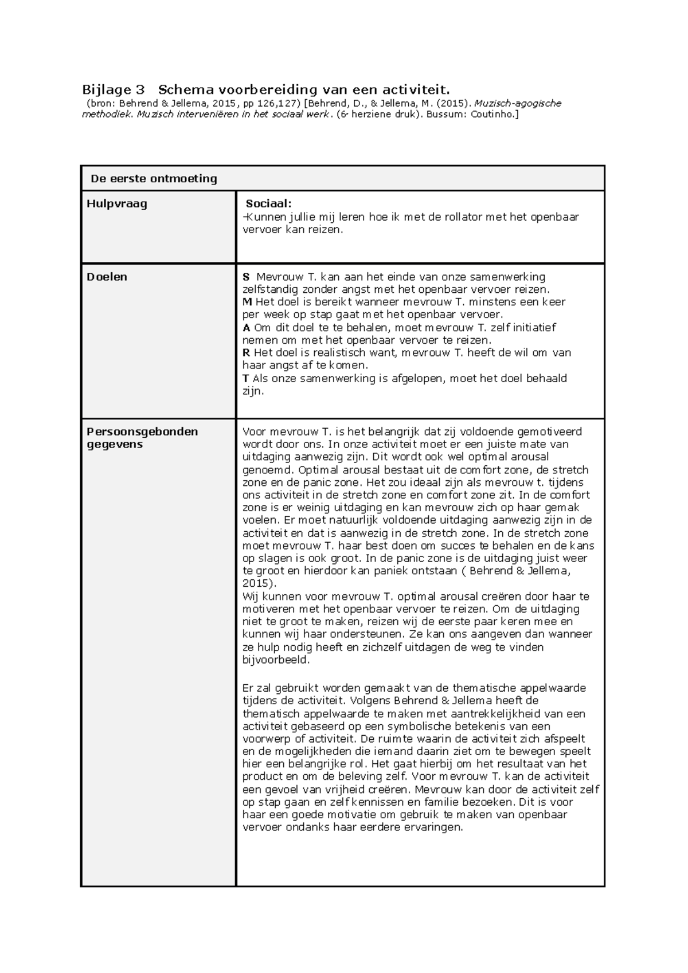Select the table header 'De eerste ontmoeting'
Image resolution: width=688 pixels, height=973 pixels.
coord(154,179)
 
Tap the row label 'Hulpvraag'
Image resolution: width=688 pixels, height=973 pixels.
coord(116,203)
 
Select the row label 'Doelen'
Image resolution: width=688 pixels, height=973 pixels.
coord(107,277)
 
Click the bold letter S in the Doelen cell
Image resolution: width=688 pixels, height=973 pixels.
coord(246,277)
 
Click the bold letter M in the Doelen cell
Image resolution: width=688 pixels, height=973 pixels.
coord(247,302)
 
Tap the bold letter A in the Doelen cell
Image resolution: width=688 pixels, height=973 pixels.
coord(247,328)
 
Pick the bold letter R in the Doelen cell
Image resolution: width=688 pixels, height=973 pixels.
coord(247,353)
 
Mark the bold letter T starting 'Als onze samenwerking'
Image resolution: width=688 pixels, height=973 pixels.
coord(246,378)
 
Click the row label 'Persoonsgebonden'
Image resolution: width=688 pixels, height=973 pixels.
coord(142,431)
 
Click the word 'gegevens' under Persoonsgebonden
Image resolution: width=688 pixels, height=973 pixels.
coord(114,444)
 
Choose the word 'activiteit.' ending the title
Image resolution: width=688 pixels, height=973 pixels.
coord(417,89)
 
